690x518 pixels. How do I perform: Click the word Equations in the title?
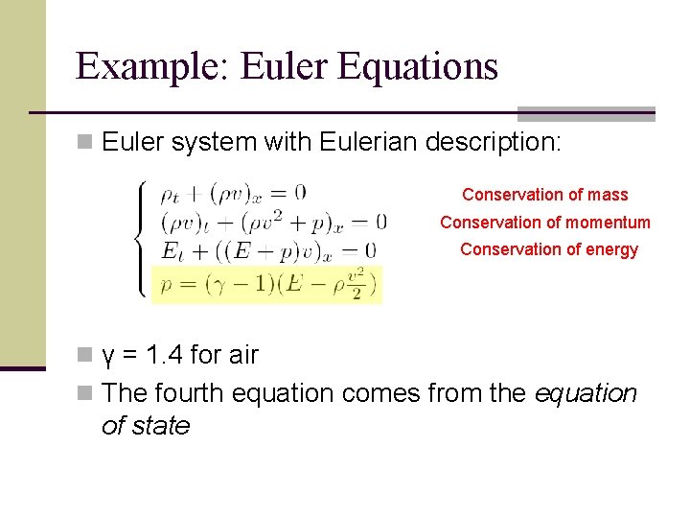pos(419,67)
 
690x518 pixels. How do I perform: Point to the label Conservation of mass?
pos(544,195)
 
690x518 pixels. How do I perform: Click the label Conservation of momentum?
pos(544,223)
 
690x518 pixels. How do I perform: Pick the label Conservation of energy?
pos(548,249)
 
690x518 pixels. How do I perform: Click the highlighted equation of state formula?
pos(266,284)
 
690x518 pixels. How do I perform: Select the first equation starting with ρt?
pos(232,193)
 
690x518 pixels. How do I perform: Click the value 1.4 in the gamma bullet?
pos(165,356)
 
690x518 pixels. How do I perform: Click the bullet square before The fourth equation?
pos(84,394)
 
